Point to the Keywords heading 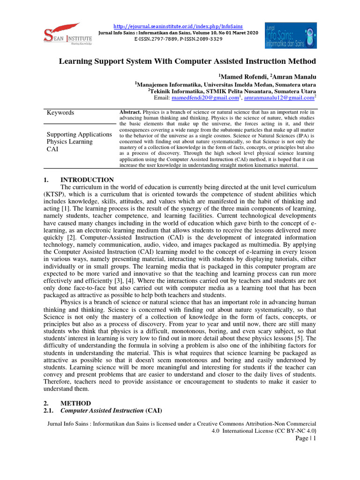(60, 112)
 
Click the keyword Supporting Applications (79, 135)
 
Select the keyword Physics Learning (69, 142)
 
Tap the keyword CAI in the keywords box (52, 149)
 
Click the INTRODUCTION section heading (87, 180)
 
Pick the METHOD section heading (76, 403)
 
